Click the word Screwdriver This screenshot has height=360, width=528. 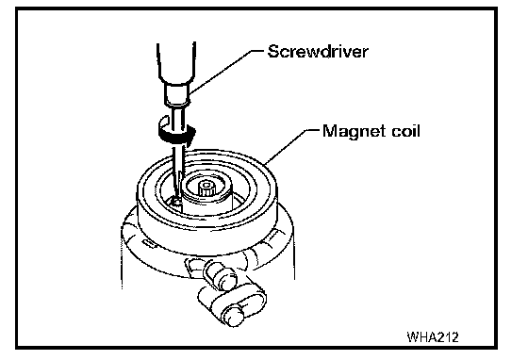click(x=318, y=52)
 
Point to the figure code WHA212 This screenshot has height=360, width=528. click(x=433, y=336)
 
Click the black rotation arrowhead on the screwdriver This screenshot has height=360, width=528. click(x=190, y=134)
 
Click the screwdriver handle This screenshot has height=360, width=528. click(x=176, y=63)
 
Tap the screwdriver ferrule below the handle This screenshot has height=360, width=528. click(x=176, y=95)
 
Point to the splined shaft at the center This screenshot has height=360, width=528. click(x=206, y=188)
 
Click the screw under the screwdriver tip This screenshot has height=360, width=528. click(x=175, y=203)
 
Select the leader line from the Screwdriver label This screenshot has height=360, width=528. click(x=225, y=72)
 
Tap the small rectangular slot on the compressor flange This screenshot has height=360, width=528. click(x=147, y=243)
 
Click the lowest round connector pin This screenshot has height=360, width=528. click(x=236, y=317)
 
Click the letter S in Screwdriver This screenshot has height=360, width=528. click(x=274, y=52)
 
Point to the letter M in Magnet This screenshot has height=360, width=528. click(x=330, y=131)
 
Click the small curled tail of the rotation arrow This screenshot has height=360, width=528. click(x=164, y=121)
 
